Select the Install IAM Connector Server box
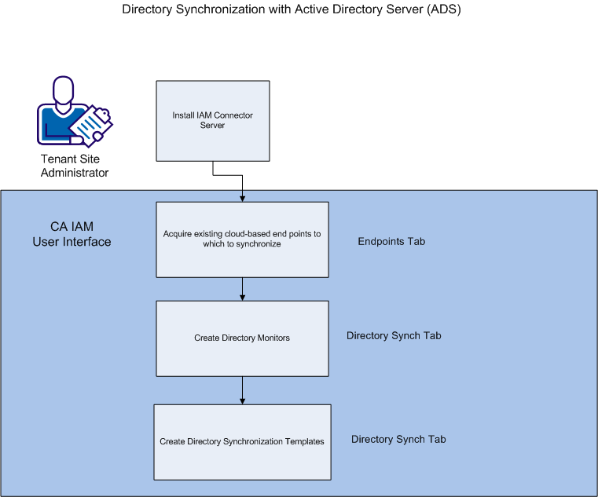click(x=213, y=120)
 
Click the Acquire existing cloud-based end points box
click(x=242, y=239)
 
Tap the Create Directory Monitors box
click(x=242, y=338)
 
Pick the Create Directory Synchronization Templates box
click(x=242, y=441)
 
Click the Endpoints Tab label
click(x=391, y=241)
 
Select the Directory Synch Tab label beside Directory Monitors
click(x=394, y=335)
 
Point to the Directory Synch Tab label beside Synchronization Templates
click(x=398, y=439)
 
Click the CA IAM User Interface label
click(x=72, y=234)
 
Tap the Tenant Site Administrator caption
click(x=75, y=166)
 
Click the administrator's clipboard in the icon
click(x=97, y=122)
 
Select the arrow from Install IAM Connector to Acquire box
click(x=242, y=187)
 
